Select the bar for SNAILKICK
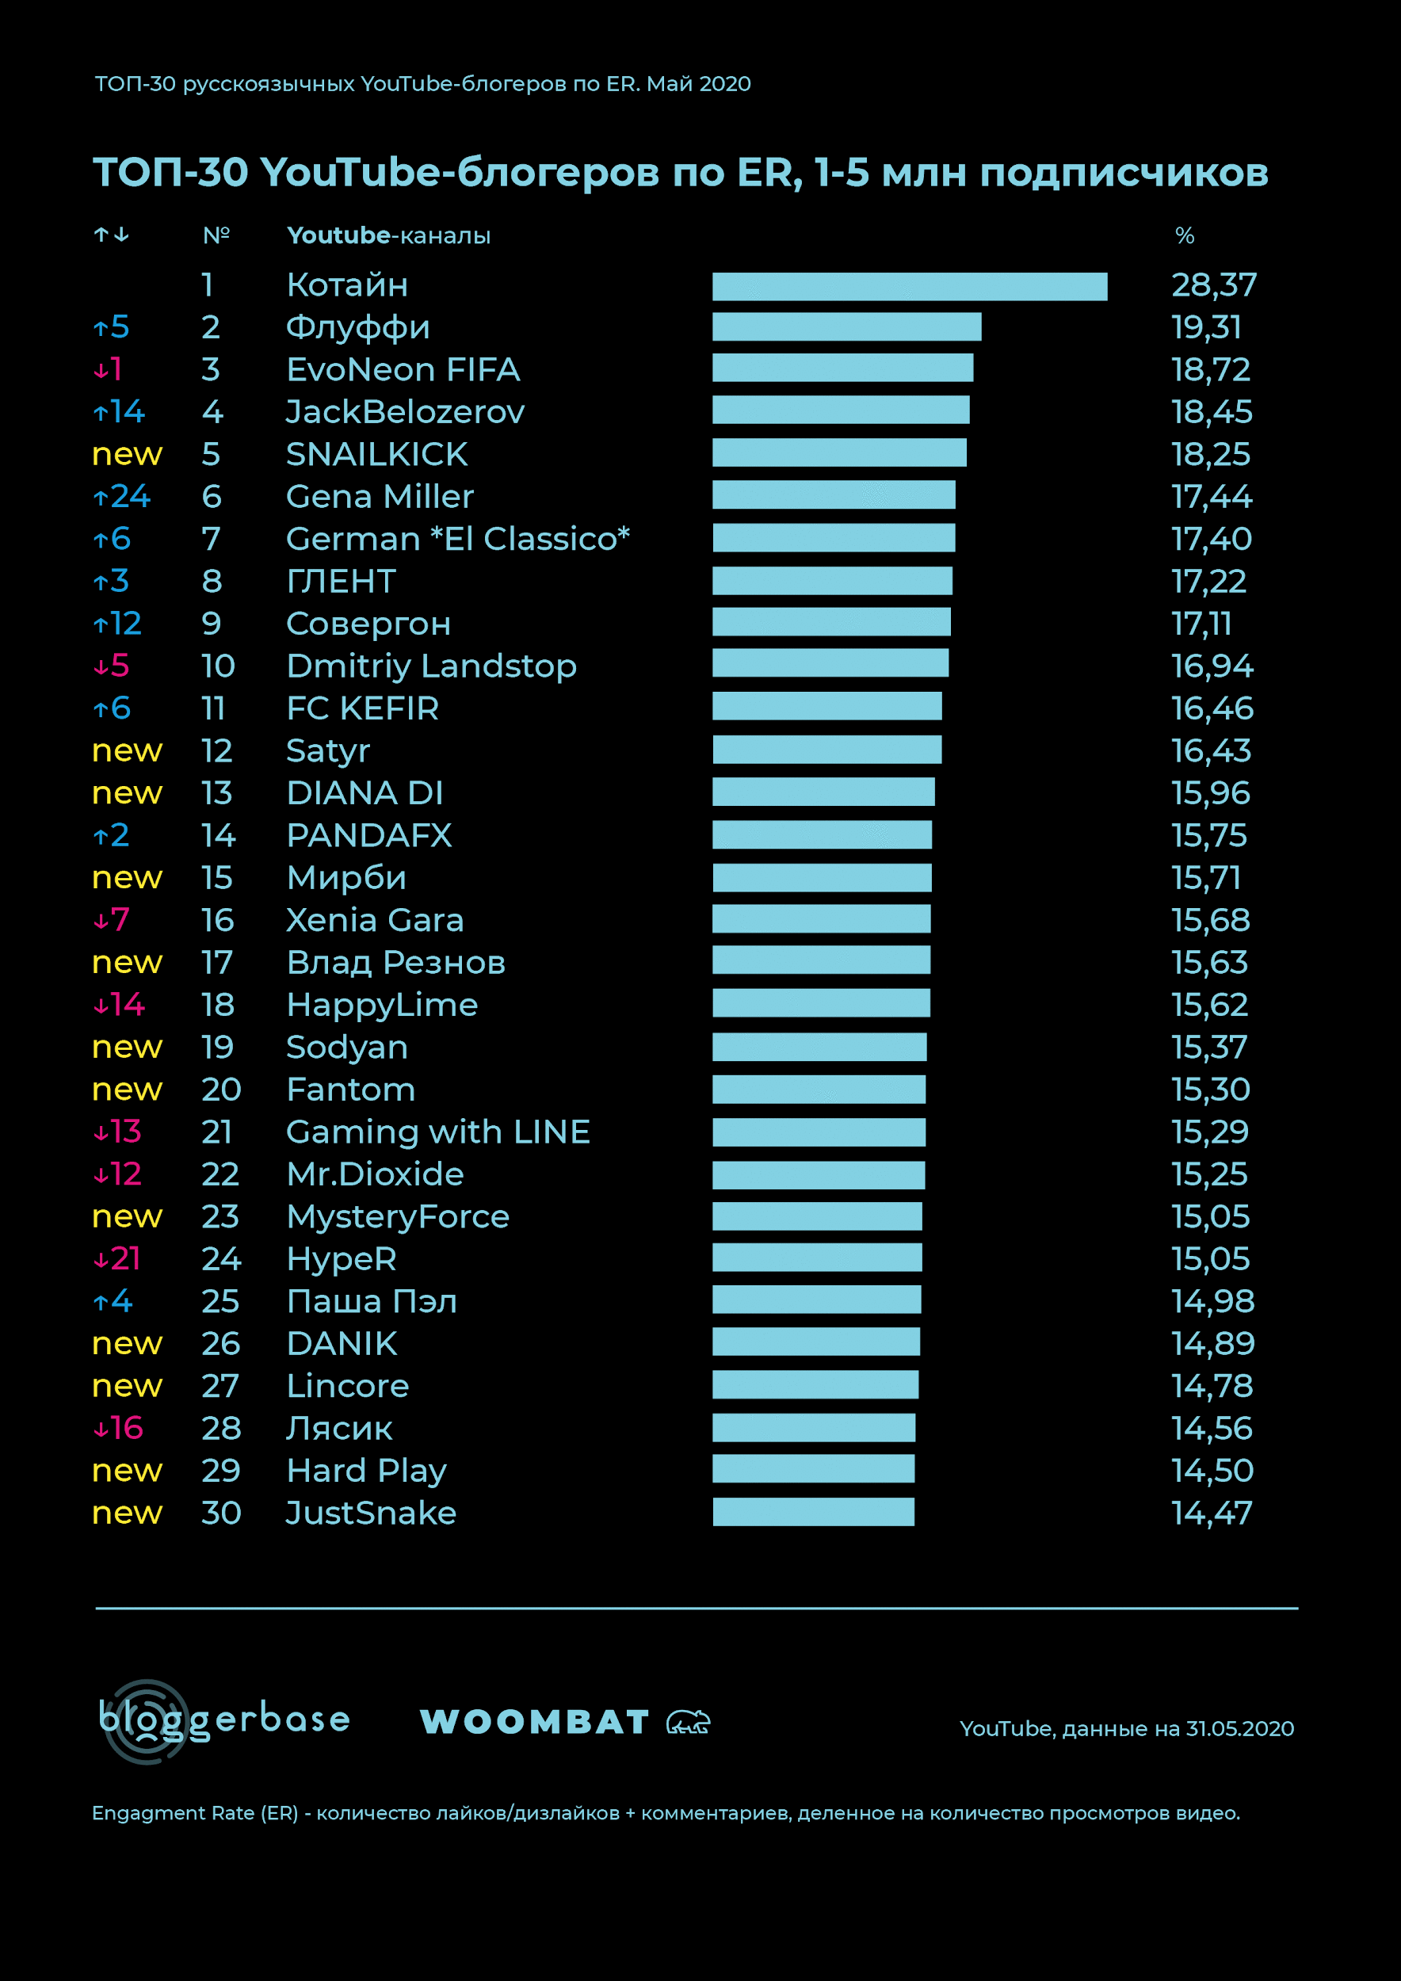[x=839, y=453]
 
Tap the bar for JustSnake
[x=813, y=1512]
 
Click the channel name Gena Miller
[x=380, y=496]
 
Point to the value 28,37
[x=1213, y=284]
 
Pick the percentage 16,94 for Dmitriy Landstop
[x=1211, y=666]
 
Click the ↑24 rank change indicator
[x=122, y=496]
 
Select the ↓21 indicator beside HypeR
[x=116, y=1259]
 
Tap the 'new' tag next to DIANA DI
[x=127, y=793]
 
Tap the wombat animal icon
[x=688, y=1722]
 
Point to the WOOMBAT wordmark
[x=534, y=1722]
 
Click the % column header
[x=1185, y=235]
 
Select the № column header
[x=216, y=235]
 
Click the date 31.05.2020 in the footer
[x=1239, y=1728]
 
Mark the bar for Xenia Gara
[x=821, y=919]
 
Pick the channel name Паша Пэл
[x=371, y=1301]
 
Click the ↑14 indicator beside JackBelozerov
[x=119, y=411]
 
